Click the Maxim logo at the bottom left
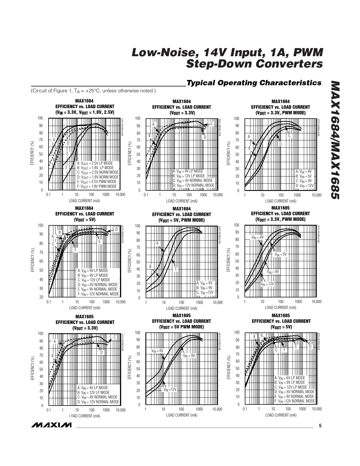coord(52,425)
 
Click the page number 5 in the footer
coord(320,426)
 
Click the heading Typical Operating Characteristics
coord(254,83)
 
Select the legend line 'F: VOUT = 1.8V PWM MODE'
coord(97,186)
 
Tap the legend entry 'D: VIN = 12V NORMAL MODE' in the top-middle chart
coord(193,185)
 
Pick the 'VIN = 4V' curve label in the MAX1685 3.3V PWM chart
coord(257,238)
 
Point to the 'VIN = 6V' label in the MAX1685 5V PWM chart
coord(157,351)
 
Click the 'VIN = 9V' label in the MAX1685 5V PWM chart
coord(189,356)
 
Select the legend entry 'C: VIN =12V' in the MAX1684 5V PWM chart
coord(205,292)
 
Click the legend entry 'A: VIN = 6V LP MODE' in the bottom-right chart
coord(290,378)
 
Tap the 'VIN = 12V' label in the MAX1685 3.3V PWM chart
coord(267,284)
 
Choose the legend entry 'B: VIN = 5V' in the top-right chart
coord(304,176)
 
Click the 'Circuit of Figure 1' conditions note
coord(93,91)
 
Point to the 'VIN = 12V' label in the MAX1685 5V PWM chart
coord(170,389)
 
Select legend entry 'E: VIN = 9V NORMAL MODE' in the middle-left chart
coord(97,289)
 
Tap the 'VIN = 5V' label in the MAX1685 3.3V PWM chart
coord(281,254)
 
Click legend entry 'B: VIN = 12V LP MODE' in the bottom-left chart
coord(93,393)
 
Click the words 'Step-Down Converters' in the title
coord(254,64)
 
